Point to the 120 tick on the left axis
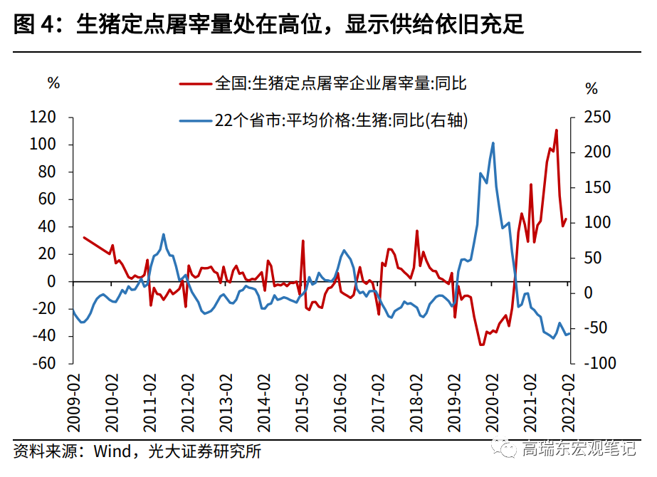[43, 117]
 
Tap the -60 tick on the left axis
[43, 362]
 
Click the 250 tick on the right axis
[596, 117]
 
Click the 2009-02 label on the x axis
[73, 403]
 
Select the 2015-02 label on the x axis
[301, 403]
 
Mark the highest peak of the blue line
[493, 143]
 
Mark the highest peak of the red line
[556, 130]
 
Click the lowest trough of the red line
[481, 345]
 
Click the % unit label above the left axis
[54, 83]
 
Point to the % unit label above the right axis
[592, 89]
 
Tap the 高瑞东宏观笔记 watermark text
[578, 449]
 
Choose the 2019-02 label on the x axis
[453, 403]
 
